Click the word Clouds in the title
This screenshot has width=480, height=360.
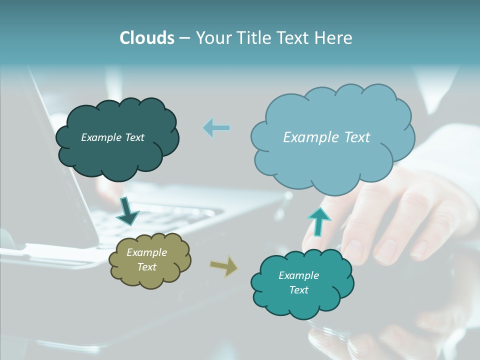pos(146,38)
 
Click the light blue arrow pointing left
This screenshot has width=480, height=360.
pos(216,127)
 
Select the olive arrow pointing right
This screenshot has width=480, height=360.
pos(223,265)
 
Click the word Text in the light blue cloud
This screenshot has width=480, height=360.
pos(353,137)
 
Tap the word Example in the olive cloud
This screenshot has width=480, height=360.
pos(146,252)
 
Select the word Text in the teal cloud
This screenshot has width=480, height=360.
pos(298,290)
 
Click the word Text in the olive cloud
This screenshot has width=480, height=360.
pos(146,267)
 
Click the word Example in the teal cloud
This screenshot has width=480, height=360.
pos(298,275)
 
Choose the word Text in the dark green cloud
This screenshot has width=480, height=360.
pos(133,137)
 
